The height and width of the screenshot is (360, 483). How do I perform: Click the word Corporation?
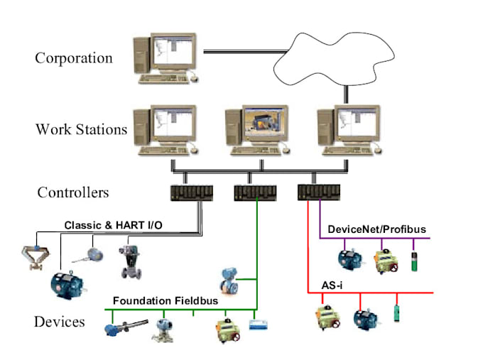[x=74, y=58]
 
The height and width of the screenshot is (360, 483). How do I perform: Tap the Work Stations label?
[x=81, y=129]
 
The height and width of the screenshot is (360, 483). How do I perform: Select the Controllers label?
[x=72, y=192]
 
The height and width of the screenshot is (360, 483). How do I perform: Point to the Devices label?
[x=59, y=322]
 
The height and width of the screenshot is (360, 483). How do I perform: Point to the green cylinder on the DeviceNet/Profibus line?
[x=415, y=257]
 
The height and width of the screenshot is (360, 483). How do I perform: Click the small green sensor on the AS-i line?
[x=396, y=313]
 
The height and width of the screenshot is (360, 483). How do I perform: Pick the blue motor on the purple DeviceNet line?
[x=349, y=258]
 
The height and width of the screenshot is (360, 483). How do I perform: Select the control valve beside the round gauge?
[x=129, y=261]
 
